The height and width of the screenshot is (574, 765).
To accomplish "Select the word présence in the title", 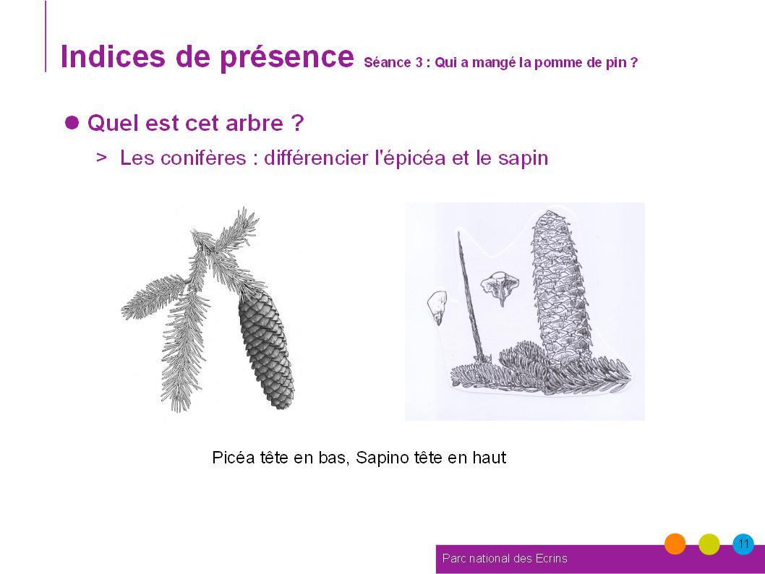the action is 287,58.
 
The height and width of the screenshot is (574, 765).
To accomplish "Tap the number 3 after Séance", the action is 419,62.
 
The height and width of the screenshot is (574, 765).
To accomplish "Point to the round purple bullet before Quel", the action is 72,122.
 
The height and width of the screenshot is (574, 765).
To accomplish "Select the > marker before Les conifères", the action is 101,158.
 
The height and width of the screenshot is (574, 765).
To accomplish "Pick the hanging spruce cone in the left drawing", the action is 266,348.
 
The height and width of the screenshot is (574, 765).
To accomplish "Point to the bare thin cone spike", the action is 470,298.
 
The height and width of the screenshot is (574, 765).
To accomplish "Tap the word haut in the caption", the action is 490,458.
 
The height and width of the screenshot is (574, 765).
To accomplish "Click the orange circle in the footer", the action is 675,544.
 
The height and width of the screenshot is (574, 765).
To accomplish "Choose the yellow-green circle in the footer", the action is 709,544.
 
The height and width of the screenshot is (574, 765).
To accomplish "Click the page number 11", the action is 743,544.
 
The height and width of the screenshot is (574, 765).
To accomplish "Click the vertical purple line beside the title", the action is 46,36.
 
